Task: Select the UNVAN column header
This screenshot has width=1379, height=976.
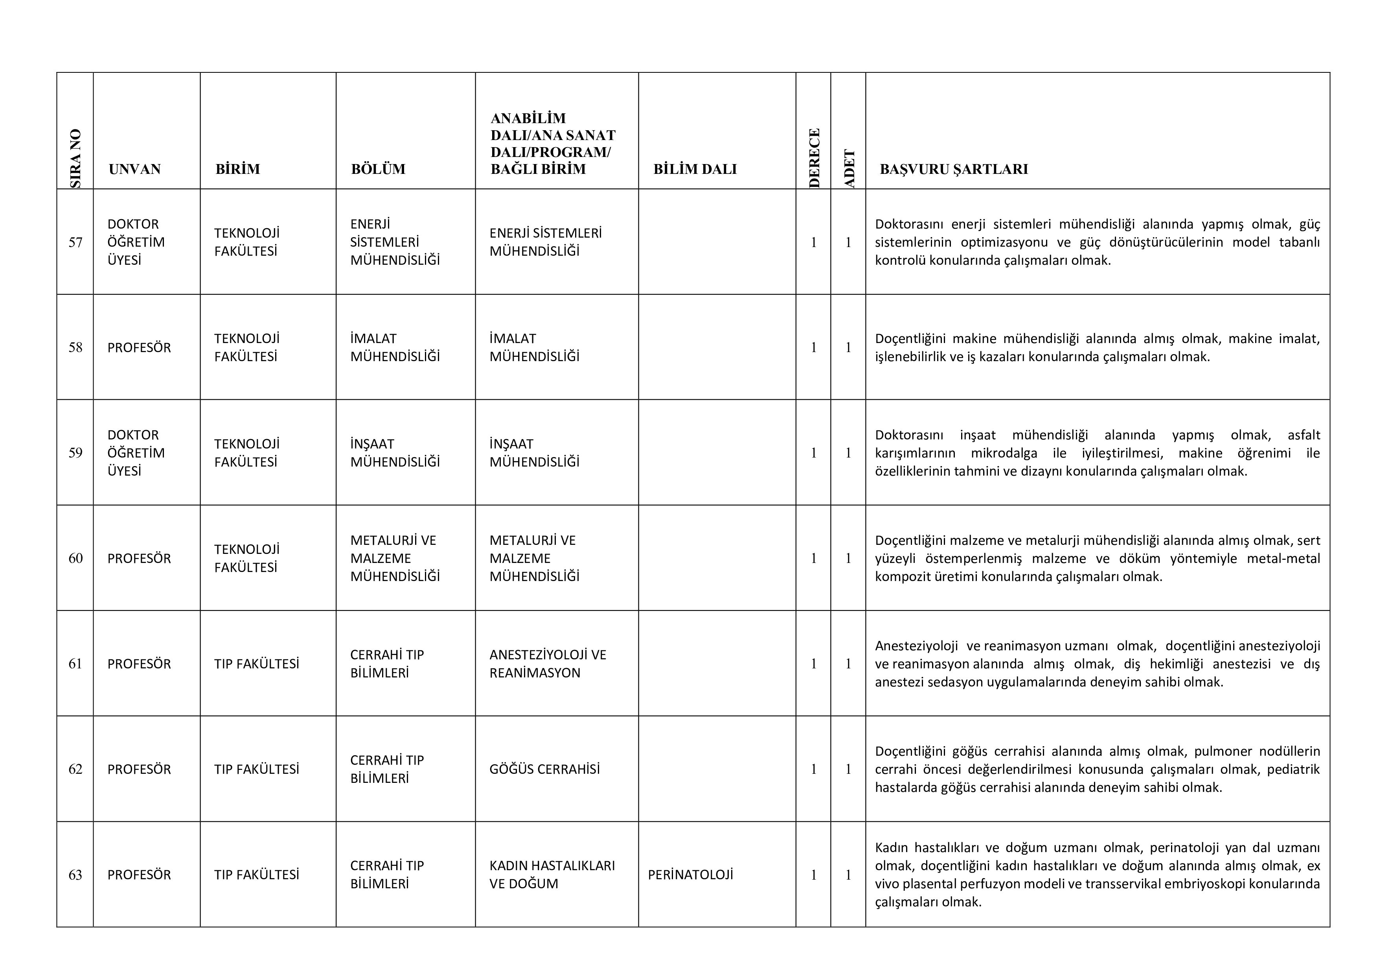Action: click(134, 169)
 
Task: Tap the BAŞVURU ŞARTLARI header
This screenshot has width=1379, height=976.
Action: click(954, 169)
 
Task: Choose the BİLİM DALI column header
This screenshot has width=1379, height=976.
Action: click(695, 169)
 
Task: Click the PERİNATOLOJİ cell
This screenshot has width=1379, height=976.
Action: click(690, 875)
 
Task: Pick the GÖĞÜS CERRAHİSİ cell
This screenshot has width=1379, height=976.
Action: click(544, 769)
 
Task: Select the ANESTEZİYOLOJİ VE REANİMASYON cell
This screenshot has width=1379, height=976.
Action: click(547, 664)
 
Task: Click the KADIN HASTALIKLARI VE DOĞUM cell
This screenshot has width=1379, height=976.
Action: click(552, 875)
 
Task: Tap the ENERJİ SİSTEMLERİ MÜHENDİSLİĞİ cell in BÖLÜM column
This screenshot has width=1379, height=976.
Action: click(395, 242)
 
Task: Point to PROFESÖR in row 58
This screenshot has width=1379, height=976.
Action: click(139, 347)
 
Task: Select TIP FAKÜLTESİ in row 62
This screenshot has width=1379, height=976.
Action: click(256, 769)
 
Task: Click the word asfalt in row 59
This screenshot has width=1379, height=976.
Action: click(1303, 435)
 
